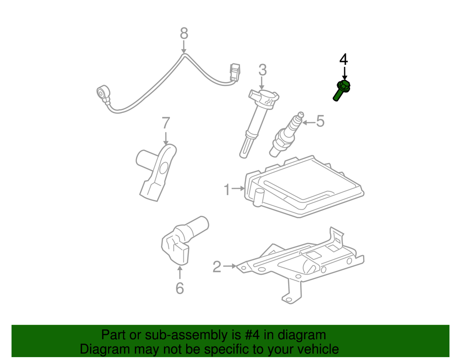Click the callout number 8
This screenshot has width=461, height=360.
pos(184,34)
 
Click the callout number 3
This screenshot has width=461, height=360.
pos(262,70)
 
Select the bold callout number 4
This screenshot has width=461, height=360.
pos(343,59)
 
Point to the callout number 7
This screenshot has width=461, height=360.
pos(166,123)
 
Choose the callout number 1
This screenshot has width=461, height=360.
pos(227,190)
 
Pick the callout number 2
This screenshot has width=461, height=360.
pos(217,266)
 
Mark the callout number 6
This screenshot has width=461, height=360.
pos(179,288)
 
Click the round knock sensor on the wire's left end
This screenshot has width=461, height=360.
pos(103,92)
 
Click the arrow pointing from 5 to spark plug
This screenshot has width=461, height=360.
pos(308,122)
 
